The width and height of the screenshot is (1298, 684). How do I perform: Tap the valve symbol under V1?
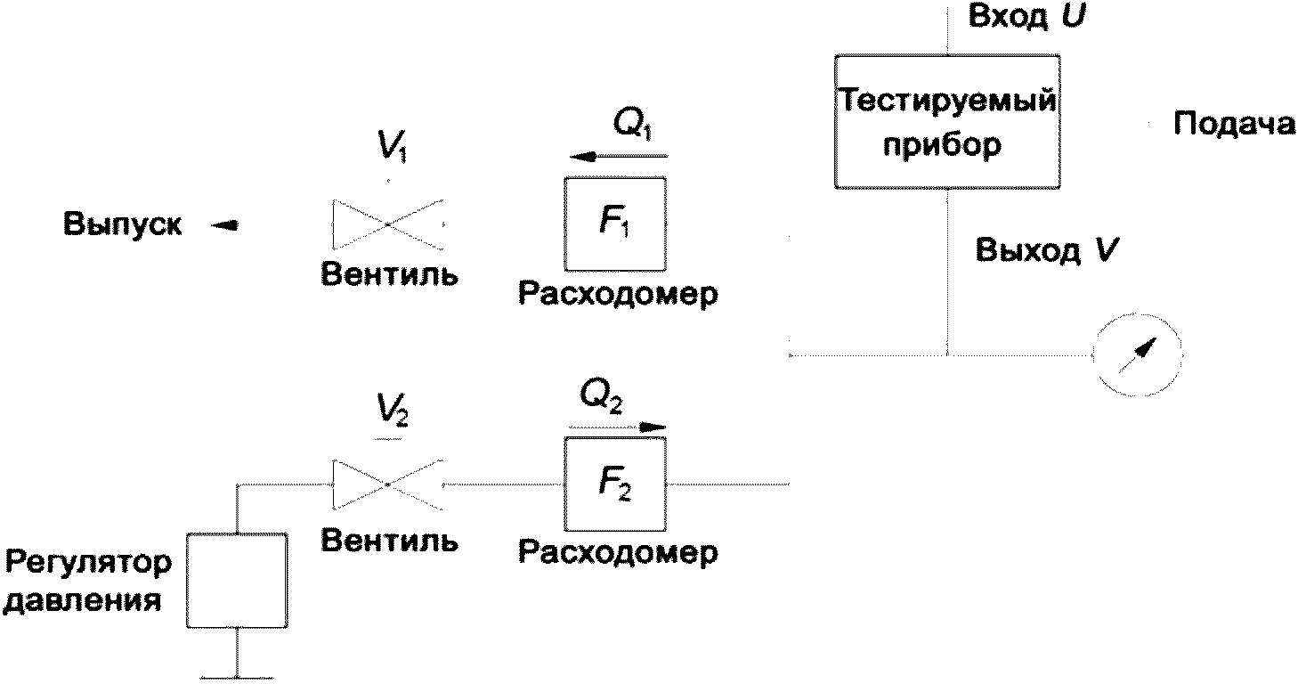387,224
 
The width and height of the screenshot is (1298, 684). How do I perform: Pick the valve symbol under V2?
387,484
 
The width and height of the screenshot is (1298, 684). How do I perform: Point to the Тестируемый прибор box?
945,121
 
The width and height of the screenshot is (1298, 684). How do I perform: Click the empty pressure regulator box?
238,581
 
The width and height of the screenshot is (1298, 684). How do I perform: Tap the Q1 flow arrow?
618,158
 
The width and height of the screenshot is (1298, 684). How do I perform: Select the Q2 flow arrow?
618,427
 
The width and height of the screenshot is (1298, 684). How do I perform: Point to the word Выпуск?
123,225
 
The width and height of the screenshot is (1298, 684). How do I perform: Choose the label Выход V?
1047,250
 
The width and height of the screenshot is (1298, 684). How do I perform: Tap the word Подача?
1234,125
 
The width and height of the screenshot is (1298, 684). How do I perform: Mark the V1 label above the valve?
388,147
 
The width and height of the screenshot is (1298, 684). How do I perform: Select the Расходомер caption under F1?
617,294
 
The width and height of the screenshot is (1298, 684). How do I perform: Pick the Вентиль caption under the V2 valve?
390,541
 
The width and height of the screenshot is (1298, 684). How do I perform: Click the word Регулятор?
87,563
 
